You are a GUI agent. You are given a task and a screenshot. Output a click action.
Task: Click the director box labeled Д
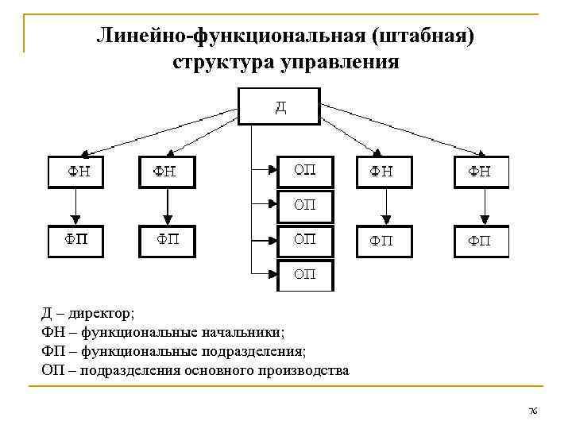280,106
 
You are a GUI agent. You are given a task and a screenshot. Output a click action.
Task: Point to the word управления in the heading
338,61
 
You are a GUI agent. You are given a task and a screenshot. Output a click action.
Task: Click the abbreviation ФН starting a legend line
52,333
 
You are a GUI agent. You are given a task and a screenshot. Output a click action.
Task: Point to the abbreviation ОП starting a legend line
52,370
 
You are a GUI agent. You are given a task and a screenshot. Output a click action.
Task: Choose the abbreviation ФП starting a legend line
52,351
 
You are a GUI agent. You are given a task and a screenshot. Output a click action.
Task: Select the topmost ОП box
305,171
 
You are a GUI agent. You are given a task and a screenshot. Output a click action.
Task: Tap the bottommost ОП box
305,275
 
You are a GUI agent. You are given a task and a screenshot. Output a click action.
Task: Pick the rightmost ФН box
481,172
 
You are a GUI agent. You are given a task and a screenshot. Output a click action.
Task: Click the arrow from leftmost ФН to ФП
75,207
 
